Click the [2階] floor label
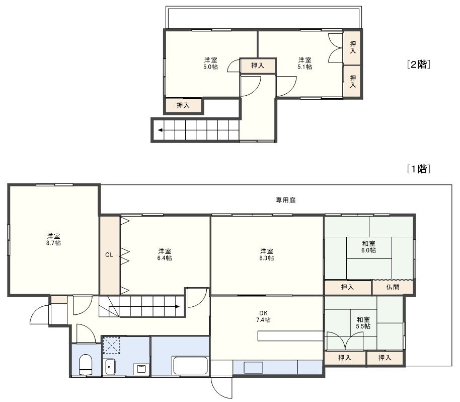coord(419,64)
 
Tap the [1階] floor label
coord(419,169)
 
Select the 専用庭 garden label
coord(285,200)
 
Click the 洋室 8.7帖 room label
coord(53,240)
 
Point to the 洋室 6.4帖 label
coord(165,254)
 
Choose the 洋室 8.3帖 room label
coord(267,254)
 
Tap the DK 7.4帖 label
coord(263,316)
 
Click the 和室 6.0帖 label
coord(368,247)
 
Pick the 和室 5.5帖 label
coord(363,323)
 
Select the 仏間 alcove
coord(393,287)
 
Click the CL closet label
coord(109,255)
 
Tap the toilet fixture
coord(86,364)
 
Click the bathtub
coord(191,365)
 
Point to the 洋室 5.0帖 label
coord(211,63)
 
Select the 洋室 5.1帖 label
coord(304,63)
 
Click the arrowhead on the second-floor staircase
coord(160,130)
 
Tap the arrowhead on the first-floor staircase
coord(178,307)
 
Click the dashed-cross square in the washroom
coord(111,346)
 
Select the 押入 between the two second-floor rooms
coord(258,65)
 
